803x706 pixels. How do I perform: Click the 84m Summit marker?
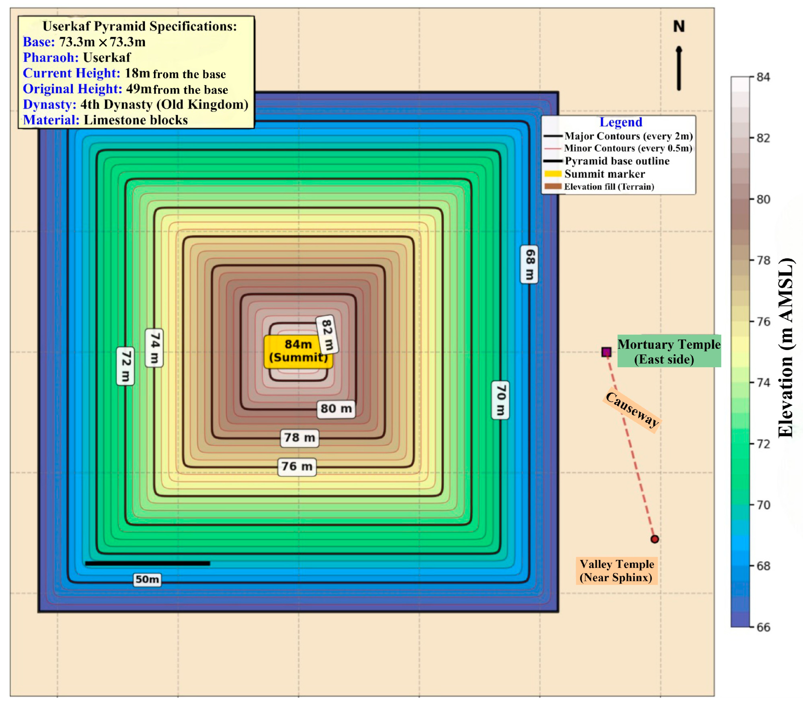298,351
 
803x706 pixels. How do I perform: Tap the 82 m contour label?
327,335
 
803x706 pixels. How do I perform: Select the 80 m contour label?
336,409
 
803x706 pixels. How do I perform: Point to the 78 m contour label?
299,438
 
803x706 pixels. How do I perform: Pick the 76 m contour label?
297,466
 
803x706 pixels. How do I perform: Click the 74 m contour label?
154,348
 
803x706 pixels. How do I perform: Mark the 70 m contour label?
501,400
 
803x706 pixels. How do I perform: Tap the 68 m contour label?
529,264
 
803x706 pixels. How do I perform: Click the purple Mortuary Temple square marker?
606,352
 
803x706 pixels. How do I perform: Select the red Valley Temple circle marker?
655,539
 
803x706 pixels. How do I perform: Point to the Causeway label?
632,409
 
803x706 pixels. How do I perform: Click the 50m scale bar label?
147,579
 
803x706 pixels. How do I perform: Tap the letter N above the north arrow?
679,27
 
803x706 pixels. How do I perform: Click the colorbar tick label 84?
763,77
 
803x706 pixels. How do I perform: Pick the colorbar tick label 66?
763,627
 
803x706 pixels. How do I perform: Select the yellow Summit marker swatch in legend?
553,174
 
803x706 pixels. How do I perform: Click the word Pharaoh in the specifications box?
51,57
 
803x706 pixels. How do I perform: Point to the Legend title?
621,122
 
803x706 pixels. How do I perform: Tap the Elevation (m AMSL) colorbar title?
786,348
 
